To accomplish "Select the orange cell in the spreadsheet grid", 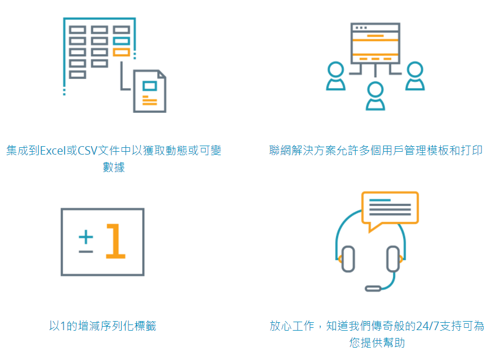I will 121,52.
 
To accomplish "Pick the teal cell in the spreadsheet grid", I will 121,41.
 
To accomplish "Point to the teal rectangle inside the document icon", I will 149,86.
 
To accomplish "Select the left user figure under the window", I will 335,76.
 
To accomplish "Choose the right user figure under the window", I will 415,76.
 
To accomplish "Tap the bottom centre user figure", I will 375,95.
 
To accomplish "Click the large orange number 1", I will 116,242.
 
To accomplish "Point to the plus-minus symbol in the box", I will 86,242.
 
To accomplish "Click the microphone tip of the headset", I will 373,288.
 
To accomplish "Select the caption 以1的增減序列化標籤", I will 102,326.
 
